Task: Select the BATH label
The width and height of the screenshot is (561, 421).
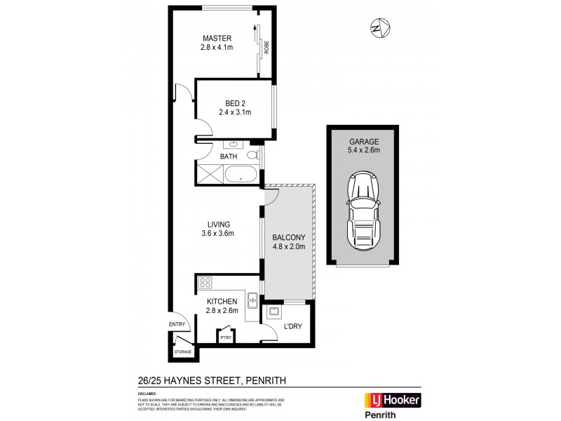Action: tap(229, 156)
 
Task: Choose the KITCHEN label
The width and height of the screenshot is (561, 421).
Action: tap(222, 301)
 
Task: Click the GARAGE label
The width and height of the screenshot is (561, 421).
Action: tap(363, 140)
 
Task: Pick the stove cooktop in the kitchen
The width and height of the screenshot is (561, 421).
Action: tap(205, 283)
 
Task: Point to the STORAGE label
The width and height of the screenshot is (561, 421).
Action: tap(183, 352)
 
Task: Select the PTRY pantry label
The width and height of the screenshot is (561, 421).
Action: tap(226, 338)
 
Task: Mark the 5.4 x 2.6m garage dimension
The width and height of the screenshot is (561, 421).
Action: tap(363, 149)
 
